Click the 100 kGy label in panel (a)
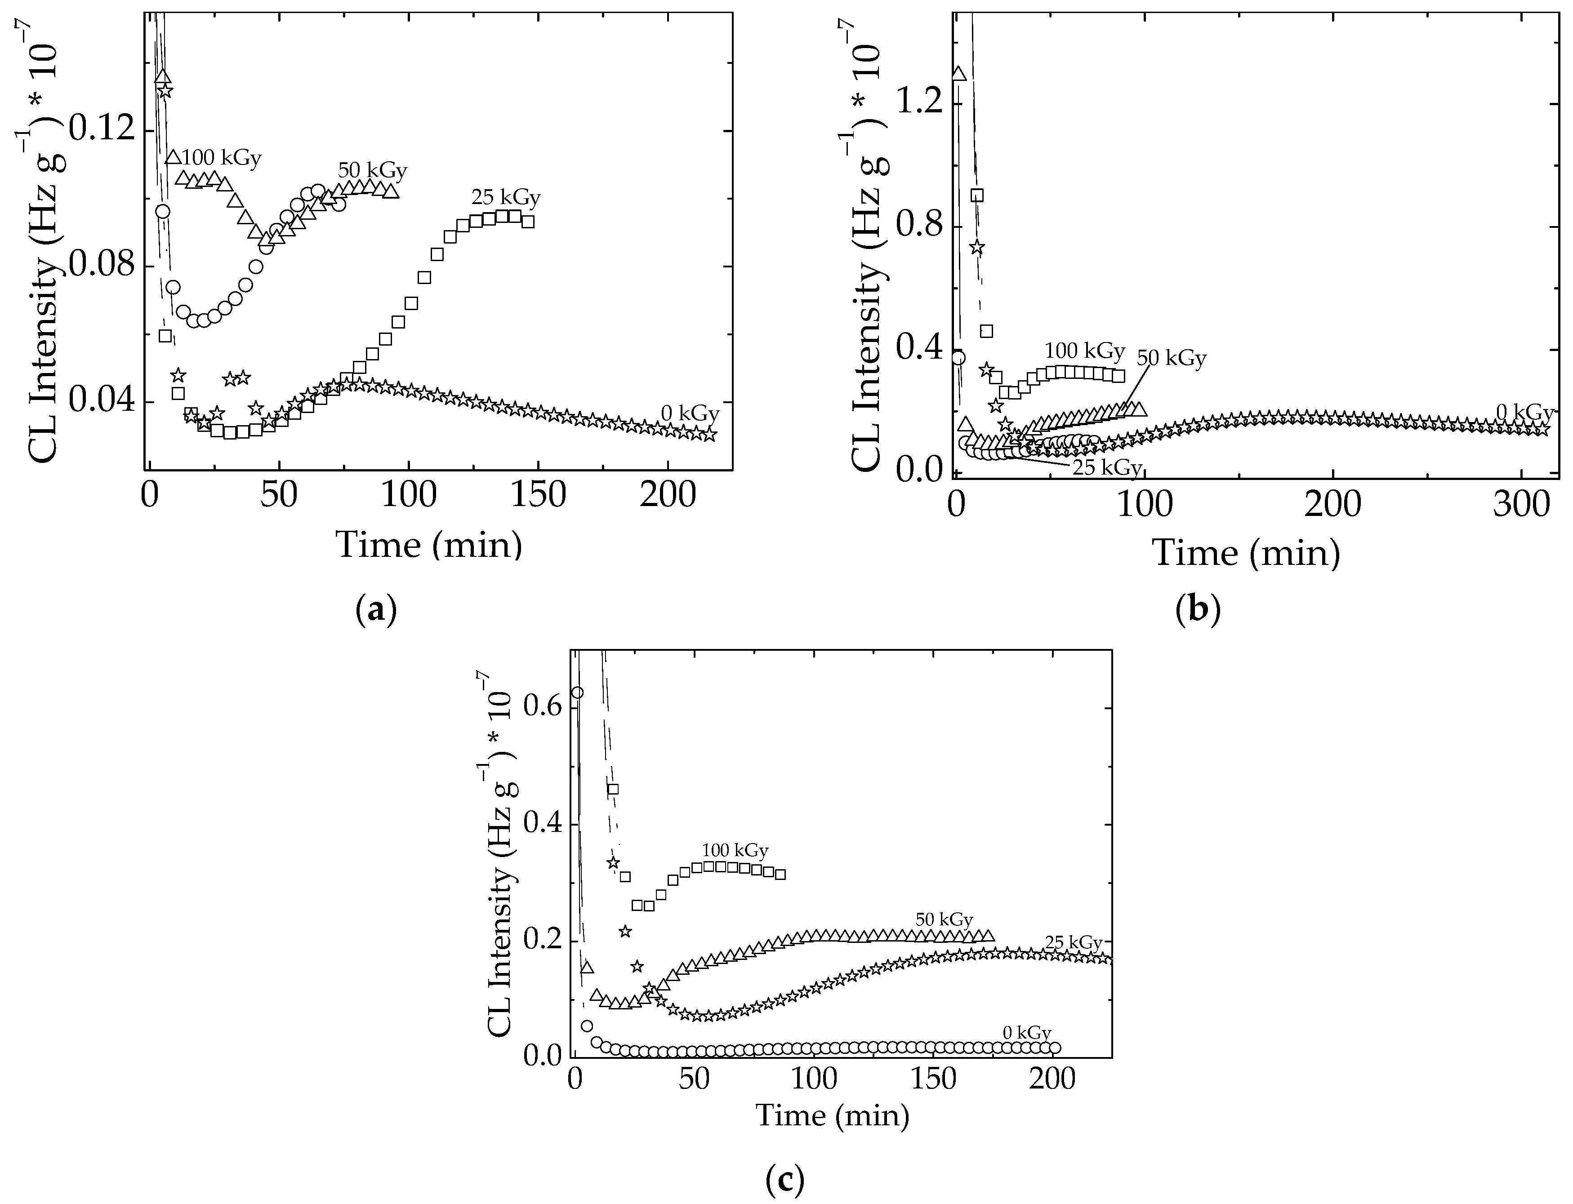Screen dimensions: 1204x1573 pos(222,158)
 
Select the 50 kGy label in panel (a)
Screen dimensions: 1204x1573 pos(372,171)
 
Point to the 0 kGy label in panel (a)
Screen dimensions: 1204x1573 pos(689,413)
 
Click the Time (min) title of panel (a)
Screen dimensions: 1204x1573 pos(429,545)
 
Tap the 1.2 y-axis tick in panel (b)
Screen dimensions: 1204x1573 pos(921,104)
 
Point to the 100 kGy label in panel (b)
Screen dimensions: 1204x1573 pos(1084,351)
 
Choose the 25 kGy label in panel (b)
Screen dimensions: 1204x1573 pos(1106,468)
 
